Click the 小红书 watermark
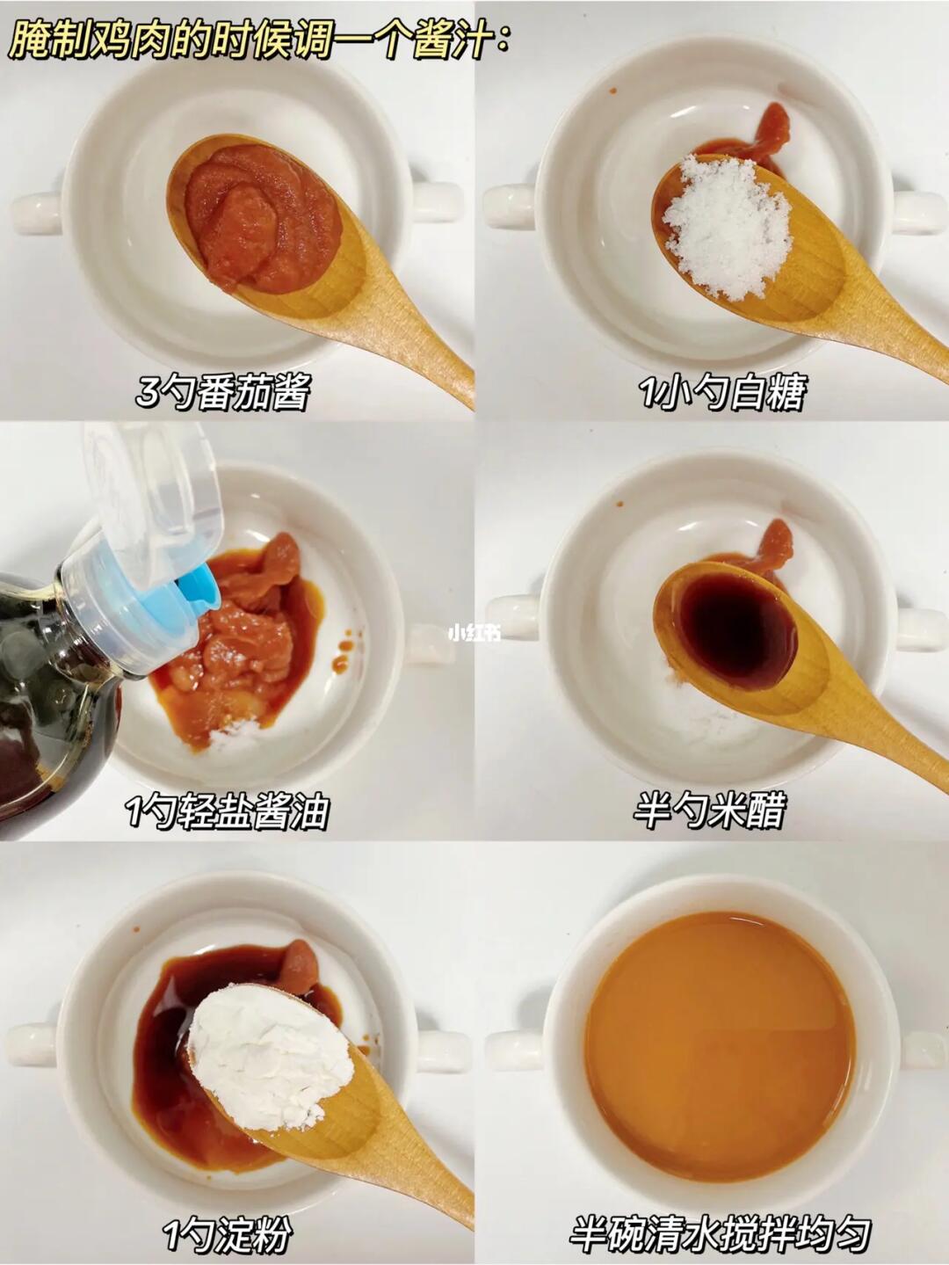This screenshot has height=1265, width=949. (x=474, y=633)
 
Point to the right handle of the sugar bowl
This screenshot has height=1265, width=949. (x=918, y=211)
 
